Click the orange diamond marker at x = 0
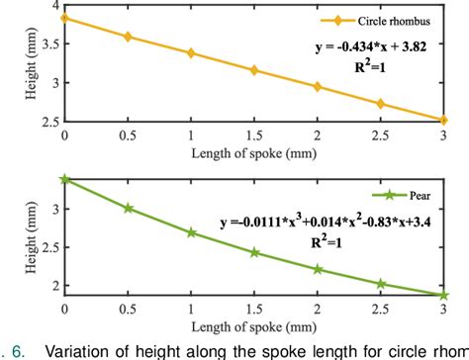point(64,18)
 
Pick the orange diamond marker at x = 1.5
point(254,70)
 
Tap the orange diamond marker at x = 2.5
point(381,104)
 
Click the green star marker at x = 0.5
point(128,208)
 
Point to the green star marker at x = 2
point(318,269)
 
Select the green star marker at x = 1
point(191,232)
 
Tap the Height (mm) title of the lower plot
point(22,235)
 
